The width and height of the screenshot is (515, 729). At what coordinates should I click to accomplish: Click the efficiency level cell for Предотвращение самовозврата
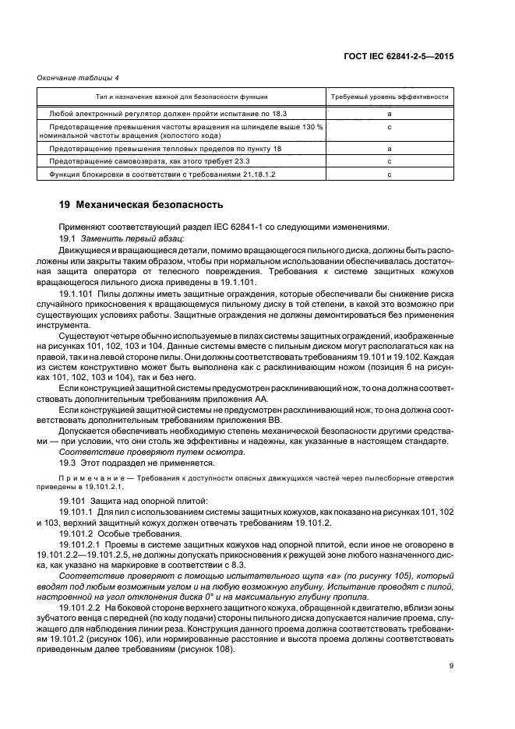(390, 161)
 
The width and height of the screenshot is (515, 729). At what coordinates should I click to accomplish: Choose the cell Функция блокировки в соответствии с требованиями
(153, 174)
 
